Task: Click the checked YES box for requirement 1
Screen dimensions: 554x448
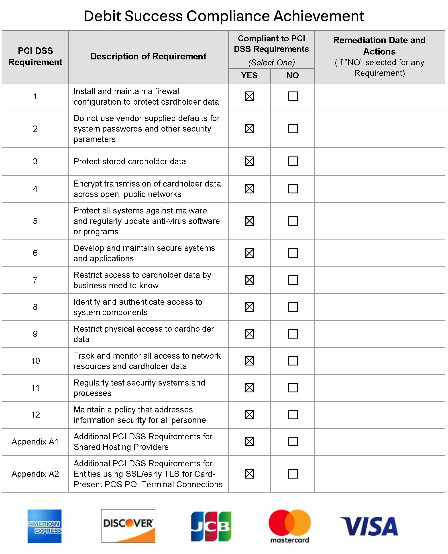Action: click(x=249, y=96)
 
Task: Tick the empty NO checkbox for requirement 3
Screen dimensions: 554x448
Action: click(x=293, y=161)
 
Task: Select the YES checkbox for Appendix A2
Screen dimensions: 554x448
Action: click(x=249, y=474)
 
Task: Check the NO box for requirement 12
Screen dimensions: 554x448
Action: click(x=293, y=415)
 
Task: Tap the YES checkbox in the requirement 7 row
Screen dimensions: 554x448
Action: click(x=249, y=280)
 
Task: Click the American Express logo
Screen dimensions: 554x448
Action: click(x=45, y=526)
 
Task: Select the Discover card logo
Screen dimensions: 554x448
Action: click(x=128, y=526)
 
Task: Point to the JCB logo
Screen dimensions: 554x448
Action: click(x=211, y=526)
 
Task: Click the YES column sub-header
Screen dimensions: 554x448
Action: click(x=249, y=76)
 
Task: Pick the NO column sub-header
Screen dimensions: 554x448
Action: click(x=293, y=76)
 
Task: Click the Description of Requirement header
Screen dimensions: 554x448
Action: click(x=148, y=57)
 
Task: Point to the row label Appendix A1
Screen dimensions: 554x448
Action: click(x=35, y=442)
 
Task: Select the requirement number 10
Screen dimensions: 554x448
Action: click(x=35, y=361)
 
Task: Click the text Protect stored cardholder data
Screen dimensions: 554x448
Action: click(x=130, y=161)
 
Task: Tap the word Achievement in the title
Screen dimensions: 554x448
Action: click(x=318, y=16)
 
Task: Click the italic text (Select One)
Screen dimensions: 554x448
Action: click(x=271, y=63)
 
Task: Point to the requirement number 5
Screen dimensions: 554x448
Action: click(x=35, y=221)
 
